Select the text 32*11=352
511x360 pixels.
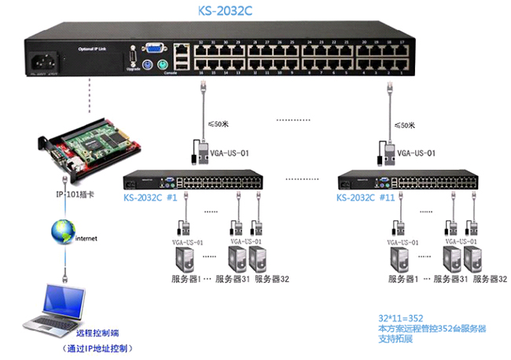[400, 318]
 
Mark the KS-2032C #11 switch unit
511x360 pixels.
[407, 180]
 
